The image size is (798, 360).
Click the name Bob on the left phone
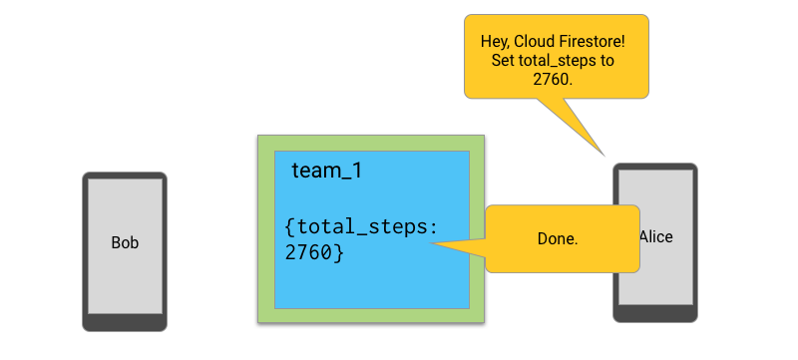click(x=125, y=242)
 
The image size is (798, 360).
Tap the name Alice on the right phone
click(x=656, y=237)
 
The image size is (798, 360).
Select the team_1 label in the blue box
click(x=327, y=171)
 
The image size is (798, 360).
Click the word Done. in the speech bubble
click(x=558, y=239)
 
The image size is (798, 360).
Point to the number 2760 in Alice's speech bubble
click(x=553, y=80)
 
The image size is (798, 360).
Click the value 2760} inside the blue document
click(x=314, y=252)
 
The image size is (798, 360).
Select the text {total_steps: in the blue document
click(x=361, y=226)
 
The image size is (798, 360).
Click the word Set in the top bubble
click(x=503, y=61)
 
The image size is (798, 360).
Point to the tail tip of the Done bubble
click(x=431, y=243)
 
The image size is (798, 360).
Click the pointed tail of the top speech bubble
click(x=604, y=156)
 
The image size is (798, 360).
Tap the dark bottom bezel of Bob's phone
click(x=125, y=322)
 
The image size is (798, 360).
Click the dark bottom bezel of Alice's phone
click(x=655, y=313)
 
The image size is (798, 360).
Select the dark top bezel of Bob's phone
click(x=125, y=176)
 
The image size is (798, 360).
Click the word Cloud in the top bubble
click(x=536, y=41)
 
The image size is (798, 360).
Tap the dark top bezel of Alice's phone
click(x=655, y=167)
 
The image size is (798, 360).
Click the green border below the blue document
click(x=371, y=315)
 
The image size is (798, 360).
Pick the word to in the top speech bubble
click(x=607, y=61)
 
